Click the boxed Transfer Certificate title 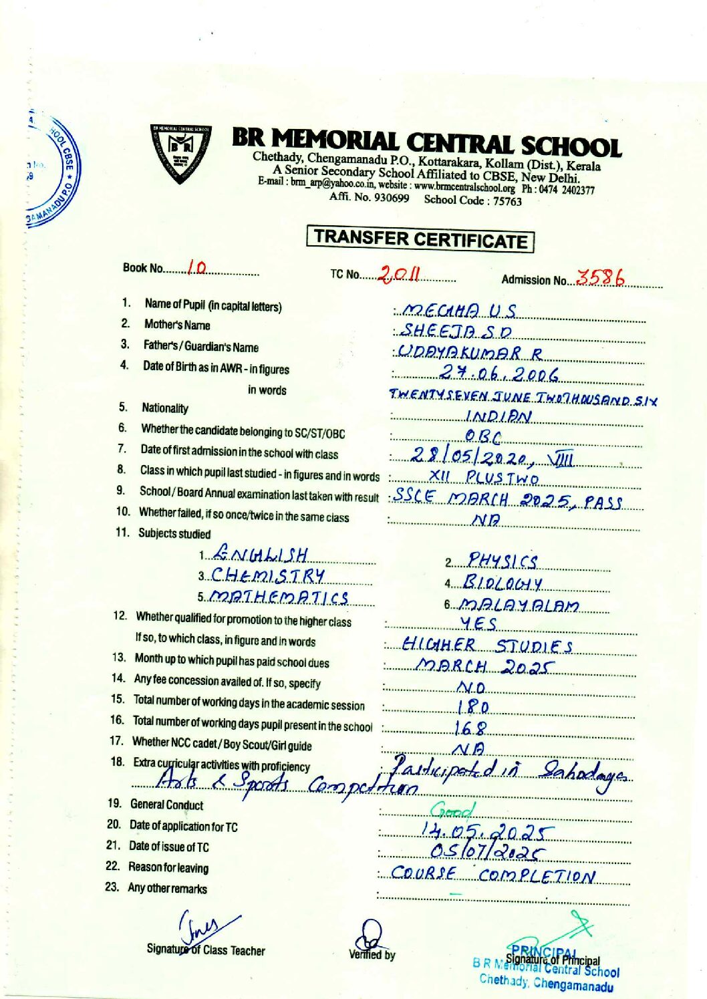click(420, 240)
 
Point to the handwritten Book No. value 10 click(196, 267)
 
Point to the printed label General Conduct click(166, 805)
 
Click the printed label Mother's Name click(177, 325)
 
